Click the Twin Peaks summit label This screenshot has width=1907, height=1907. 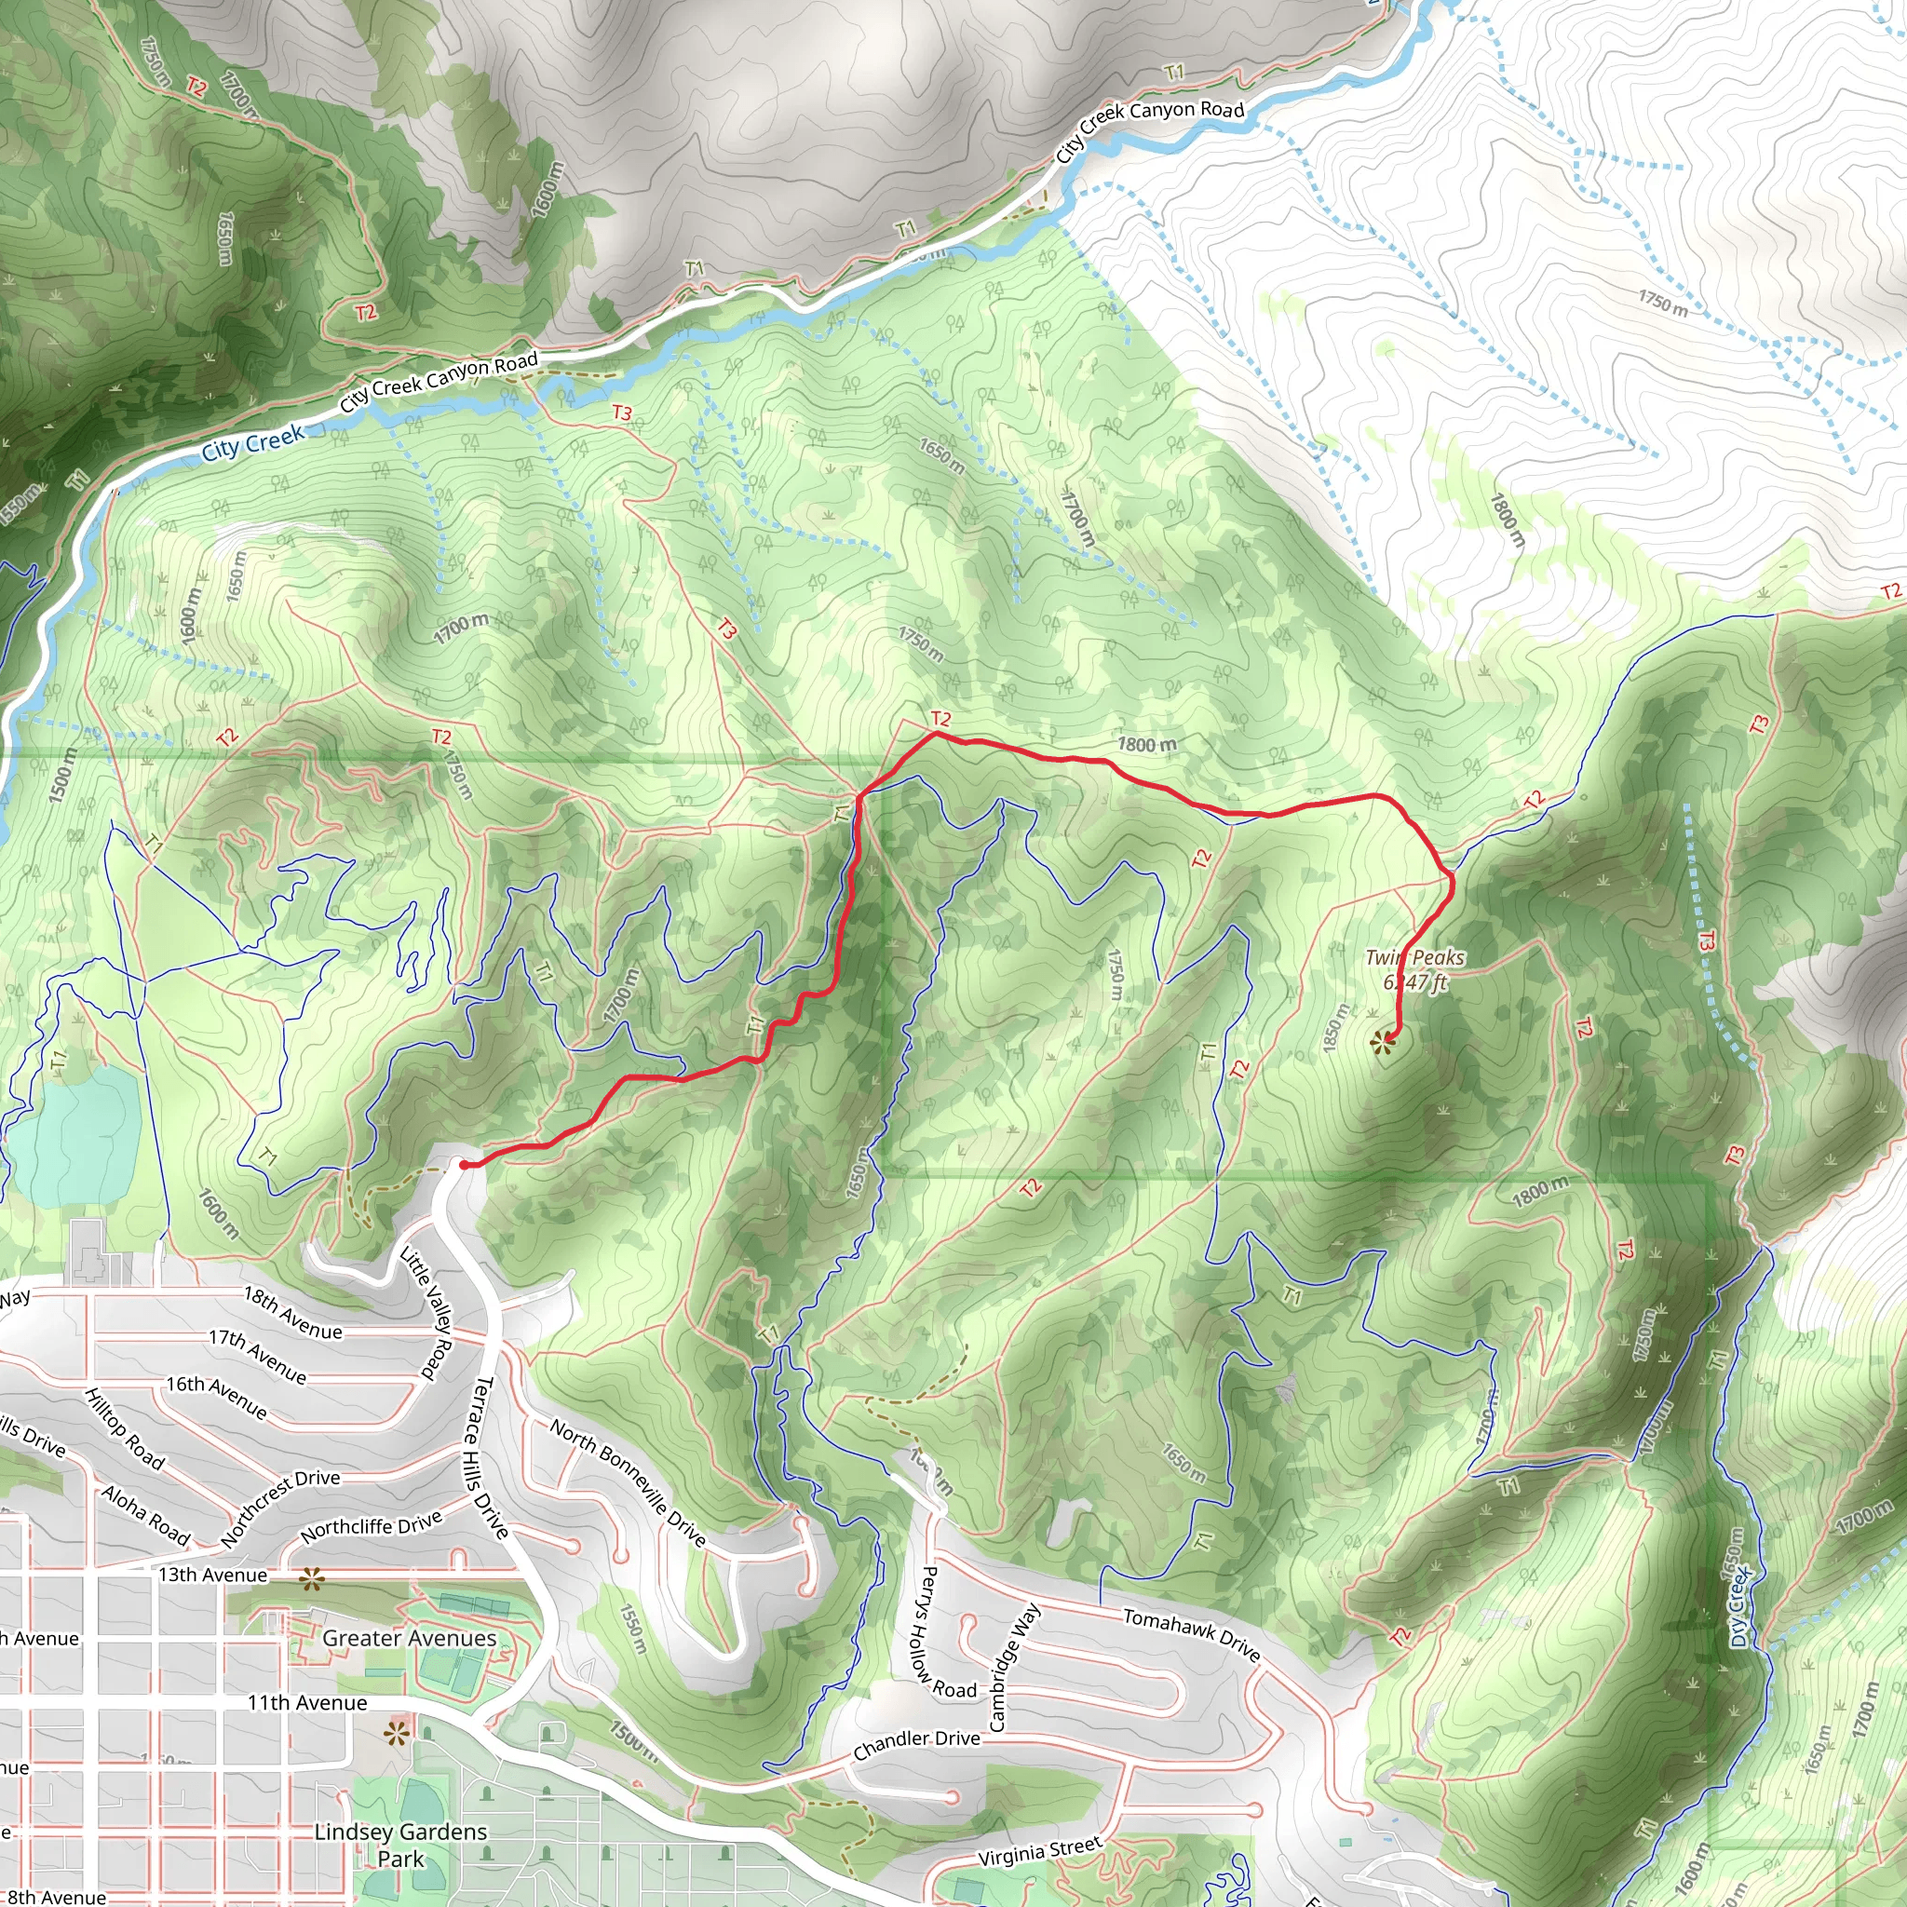click(1413, 968)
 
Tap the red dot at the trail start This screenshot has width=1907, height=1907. click(464, 1165)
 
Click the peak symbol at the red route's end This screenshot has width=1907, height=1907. click(1383, 1040)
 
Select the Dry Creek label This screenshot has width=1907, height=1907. click(1739, 1606)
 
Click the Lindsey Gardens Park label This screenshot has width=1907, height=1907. click(399, 1845)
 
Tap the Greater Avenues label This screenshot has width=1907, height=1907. click(410, 1638)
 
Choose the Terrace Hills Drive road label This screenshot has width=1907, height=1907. click(486, 1457)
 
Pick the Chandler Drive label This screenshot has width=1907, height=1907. click(916, 1744)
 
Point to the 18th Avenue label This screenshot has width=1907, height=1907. click(293, 1313)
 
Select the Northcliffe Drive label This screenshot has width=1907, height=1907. click(372, 1527)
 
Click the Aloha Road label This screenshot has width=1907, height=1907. click(145, 1513)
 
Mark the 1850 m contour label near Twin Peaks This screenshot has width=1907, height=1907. click(1335, 1028)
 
